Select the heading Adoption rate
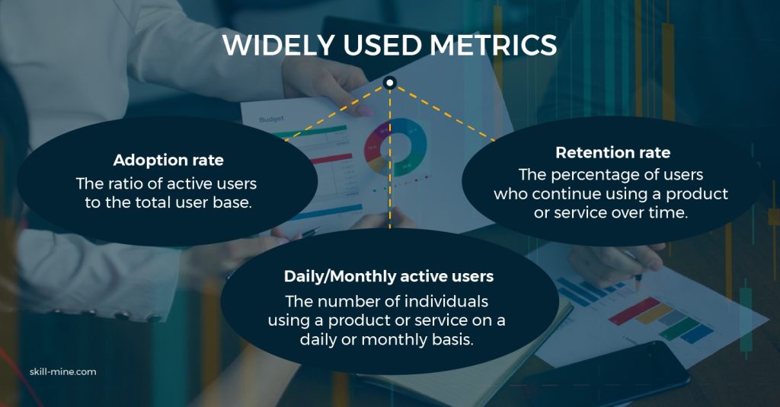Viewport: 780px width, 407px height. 168,160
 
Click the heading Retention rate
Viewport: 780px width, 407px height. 613,153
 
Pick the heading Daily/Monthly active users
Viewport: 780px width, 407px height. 388,276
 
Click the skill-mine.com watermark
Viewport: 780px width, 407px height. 62,372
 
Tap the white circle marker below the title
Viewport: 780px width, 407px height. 390,82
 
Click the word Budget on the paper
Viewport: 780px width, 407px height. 271,119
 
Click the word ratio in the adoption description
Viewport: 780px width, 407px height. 126,184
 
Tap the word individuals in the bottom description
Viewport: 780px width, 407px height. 446,301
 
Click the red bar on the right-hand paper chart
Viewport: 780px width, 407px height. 635,310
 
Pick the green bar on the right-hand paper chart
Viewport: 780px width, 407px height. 679,329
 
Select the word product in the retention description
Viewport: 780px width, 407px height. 697,194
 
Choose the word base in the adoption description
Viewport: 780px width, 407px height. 232,203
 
